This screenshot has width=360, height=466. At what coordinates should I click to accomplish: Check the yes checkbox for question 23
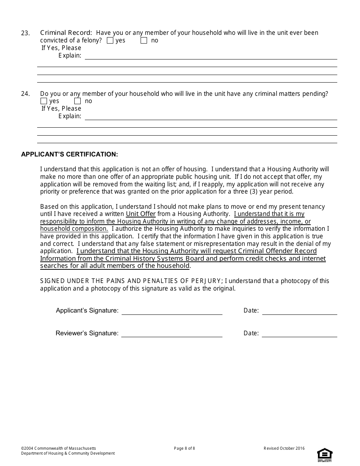(110, 41)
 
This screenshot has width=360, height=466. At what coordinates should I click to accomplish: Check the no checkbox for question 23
(144, 41)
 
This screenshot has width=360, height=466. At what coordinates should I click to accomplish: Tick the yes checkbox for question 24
(44, 101)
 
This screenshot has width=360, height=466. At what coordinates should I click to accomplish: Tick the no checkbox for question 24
(78, 101)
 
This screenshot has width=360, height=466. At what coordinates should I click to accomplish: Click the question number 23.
(25, 33)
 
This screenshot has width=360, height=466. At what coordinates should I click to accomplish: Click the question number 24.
(25, 94)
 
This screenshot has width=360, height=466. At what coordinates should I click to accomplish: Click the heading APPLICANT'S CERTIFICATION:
(70, 155)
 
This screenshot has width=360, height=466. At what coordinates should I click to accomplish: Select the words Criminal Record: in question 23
(66, 33)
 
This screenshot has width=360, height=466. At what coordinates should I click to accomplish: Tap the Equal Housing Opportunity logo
(325, 455)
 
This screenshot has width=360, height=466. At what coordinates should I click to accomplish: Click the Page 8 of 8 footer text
(185, 449)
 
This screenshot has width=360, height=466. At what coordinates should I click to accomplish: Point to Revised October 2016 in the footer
(284, 449)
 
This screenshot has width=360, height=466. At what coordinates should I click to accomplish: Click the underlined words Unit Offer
(141, 214)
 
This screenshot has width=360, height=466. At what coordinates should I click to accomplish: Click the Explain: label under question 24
(70, 116)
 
